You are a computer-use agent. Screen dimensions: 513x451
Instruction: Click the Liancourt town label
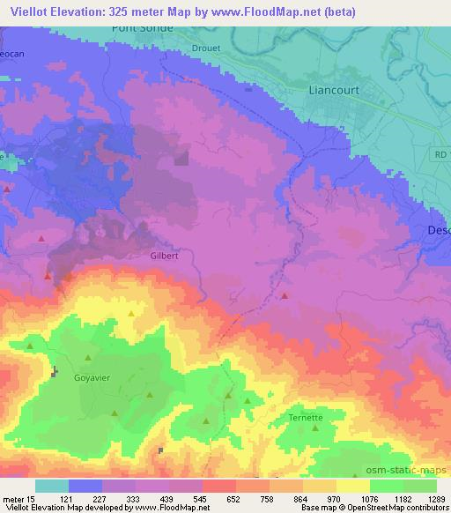[x=319, y=89]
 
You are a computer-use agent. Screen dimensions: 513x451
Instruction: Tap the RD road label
[x=440, y=154]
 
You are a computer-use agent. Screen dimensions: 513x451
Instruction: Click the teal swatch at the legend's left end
[x=51, y=486]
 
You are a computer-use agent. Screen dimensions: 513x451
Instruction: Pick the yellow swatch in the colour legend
[x=353, y=486]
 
